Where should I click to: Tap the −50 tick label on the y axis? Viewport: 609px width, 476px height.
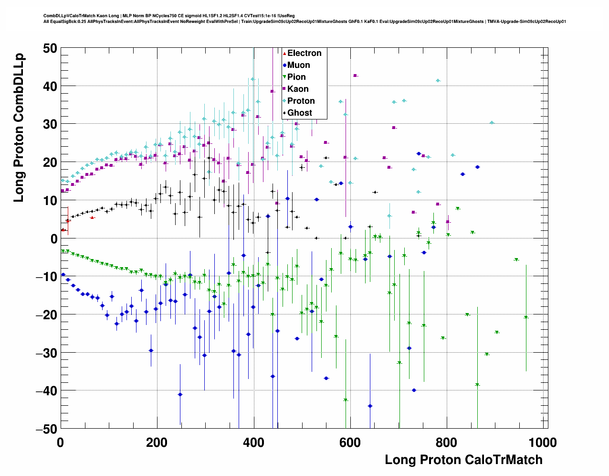46,429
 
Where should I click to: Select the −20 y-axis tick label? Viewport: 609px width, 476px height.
46,314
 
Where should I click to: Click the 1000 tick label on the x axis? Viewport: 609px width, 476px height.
542,443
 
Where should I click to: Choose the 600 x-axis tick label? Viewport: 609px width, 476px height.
350,443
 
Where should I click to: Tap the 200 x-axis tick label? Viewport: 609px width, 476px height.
157,443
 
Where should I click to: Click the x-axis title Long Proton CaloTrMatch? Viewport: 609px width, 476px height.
463,460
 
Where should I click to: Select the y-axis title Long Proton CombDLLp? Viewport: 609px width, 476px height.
19,128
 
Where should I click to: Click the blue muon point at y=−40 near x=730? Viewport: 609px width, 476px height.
414,390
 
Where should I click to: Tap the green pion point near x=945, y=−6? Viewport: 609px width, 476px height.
516,260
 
